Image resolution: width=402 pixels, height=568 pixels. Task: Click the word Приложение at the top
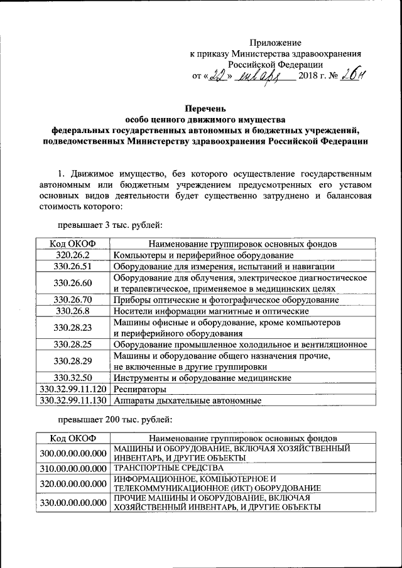[275, 42]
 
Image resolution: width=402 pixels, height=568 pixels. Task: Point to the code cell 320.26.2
[73, 255]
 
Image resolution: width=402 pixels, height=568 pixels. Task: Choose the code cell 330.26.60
[73, 283]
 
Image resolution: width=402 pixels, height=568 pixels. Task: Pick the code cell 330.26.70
[73, 300]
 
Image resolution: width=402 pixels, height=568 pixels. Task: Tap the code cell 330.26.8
[73, 311]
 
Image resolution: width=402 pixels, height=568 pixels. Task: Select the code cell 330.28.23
[73, 328]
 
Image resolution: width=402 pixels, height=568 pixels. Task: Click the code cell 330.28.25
[73, 345]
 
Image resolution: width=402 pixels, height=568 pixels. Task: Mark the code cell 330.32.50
[73, 378]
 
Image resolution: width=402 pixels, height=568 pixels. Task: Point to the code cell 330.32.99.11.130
[73, 400]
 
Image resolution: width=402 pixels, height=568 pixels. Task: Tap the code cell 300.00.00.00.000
[73, 453]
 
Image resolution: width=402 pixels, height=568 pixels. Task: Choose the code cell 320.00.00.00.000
[73, 483]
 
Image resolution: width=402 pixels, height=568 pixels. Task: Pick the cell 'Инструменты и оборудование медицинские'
[201, 378]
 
